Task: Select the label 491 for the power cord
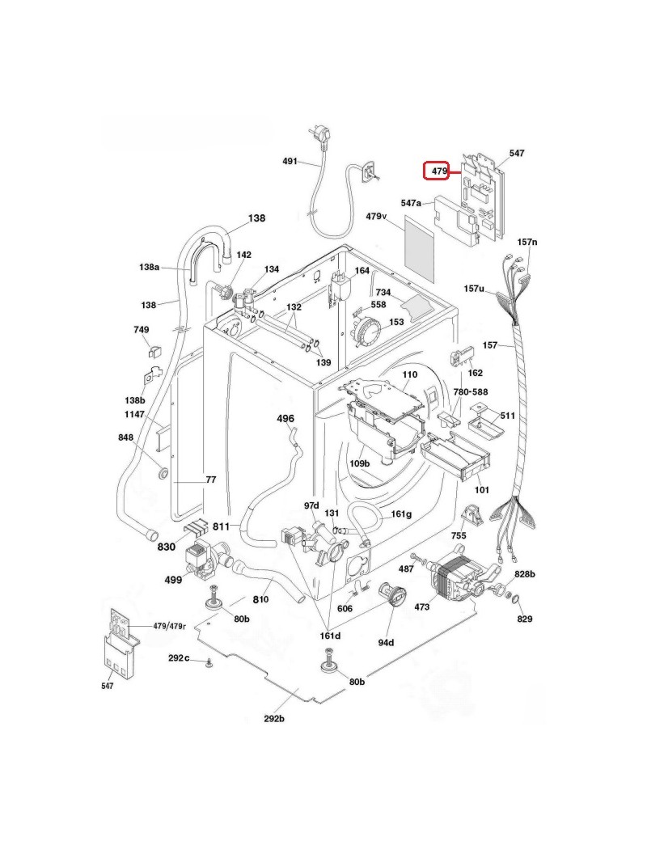click(290, 161)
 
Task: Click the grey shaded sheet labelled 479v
click(420, 249)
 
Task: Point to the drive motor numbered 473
click(459, 577)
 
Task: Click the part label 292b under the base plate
click(273, 719)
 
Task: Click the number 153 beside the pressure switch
click(396, 322)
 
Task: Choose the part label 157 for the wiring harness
click(490, 344)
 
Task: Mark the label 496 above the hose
click(285, 418)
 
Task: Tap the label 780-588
click(471, 392)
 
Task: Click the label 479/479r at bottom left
click(170, 626)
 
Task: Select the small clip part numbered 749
click(154, 350)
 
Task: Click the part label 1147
click(135, 414)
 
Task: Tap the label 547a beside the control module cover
click(411, 203)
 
